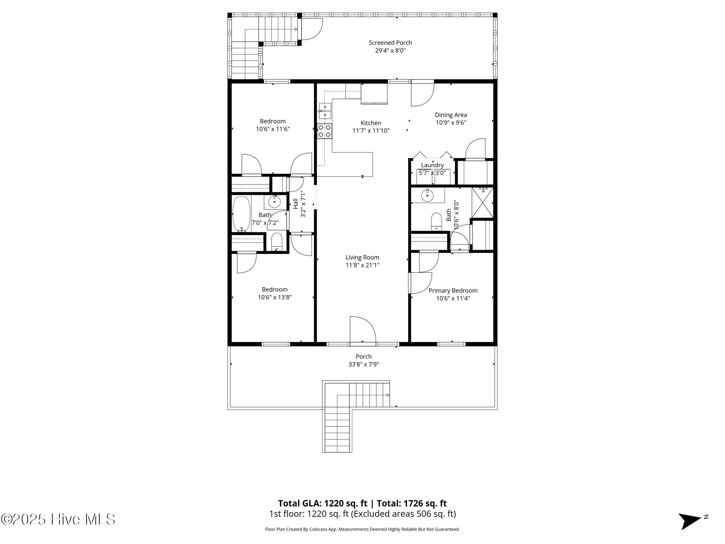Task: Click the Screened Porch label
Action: tap(390, 43)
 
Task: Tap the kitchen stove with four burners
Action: tap(324, 131)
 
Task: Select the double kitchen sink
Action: tap(325, 110)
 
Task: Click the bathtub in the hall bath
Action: tap(241, 214)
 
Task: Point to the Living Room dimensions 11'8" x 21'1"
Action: tap(362, 265)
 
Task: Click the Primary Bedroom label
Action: tap(453, 291)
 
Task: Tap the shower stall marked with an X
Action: tap(483, 203)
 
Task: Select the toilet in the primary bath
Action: tap(436, 222)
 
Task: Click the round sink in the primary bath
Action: tap(428, 195)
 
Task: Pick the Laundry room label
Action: tap(432, 165)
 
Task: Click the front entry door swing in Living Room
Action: tap(362, 329)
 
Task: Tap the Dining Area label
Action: tap(451, 115)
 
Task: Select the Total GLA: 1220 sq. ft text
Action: tap(322, 503)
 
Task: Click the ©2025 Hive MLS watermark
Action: tap(58, 520)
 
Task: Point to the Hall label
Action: tap(296, 204)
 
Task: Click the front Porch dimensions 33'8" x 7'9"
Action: tap(364, 364)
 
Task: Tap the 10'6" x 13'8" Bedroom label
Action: tap(275, 294)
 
